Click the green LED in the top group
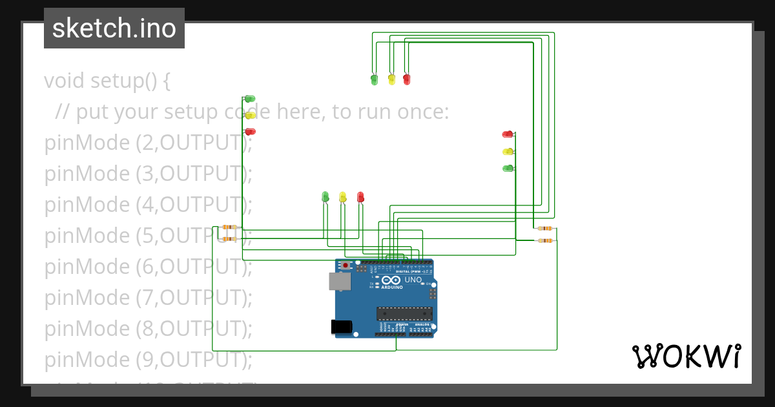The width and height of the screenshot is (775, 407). [x=375, y=79]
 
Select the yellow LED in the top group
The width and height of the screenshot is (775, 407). [x=391, y=79]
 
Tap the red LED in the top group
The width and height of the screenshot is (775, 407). [x=406, y=79]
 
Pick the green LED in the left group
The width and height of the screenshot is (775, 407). [x=250, y=99]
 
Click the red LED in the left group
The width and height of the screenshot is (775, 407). [x=250, y=132]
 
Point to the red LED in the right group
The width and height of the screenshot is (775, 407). [x=508, y=134]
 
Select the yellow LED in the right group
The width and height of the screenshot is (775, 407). [x=508, y=152]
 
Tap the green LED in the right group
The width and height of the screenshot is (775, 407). [x=508, y=169]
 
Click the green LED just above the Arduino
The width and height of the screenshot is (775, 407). [x=325, y=196]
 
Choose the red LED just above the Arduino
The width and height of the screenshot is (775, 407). [x=360, y=196]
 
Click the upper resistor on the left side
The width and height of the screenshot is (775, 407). [x=229, y=227]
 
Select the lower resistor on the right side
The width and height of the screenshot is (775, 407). [x=546, y=241]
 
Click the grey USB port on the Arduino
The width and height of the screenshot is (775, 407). [x=339, y=281]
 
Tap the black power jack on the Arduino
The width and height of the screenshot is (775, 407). [x=341, y=327]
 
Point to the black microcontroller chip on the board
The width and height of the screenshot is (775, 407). [x=404, y=314]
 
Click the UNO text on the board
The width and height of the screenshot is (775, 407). [x=413, y=280]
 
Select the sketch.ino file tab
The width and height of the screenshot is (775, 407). [x=114, y=28]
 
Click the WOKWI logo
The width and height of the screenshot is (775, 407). [x=686, y=356]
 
